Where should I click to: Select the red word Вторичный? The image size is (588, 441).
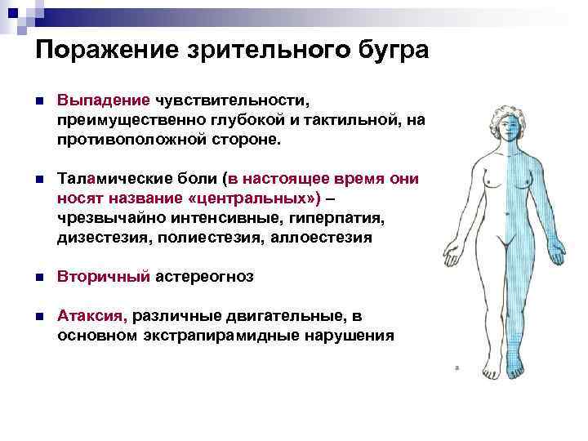pos(104,277)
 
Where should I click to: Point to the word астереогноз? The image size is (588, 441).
pos(205,277)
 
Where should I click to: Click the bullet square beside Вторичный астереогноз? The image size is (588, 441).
pos(39,278)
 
